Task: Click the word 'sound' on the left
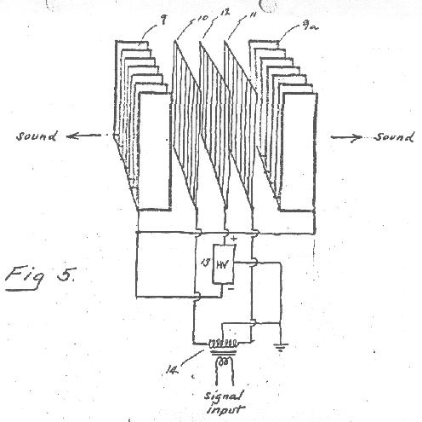(37, 136)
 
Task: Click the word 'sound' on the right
(394, 137)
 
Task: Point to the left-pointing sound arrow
(84, 136)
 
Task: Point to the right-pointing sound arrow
(346, 138)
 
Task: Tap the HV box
(224, 264)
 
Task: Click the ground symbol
(281, 347)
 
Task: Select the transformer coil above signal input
(223, 344)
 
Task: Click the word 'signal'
(224, 396)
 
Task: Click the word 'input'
(225, 409)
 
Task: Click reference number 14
(172, 370)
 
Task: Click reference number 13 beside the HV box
(205, 263)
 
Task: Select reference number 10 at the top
(202, 18)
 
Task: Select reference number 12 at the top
(225, 13)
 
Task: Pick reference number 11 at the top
(252, 15)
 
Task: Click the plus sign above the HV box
(233, 239)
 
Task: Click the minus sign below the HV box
(231, 289)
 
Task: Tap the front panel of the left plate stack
(155, 152)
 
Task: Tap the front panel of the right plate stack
(299, 152)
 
